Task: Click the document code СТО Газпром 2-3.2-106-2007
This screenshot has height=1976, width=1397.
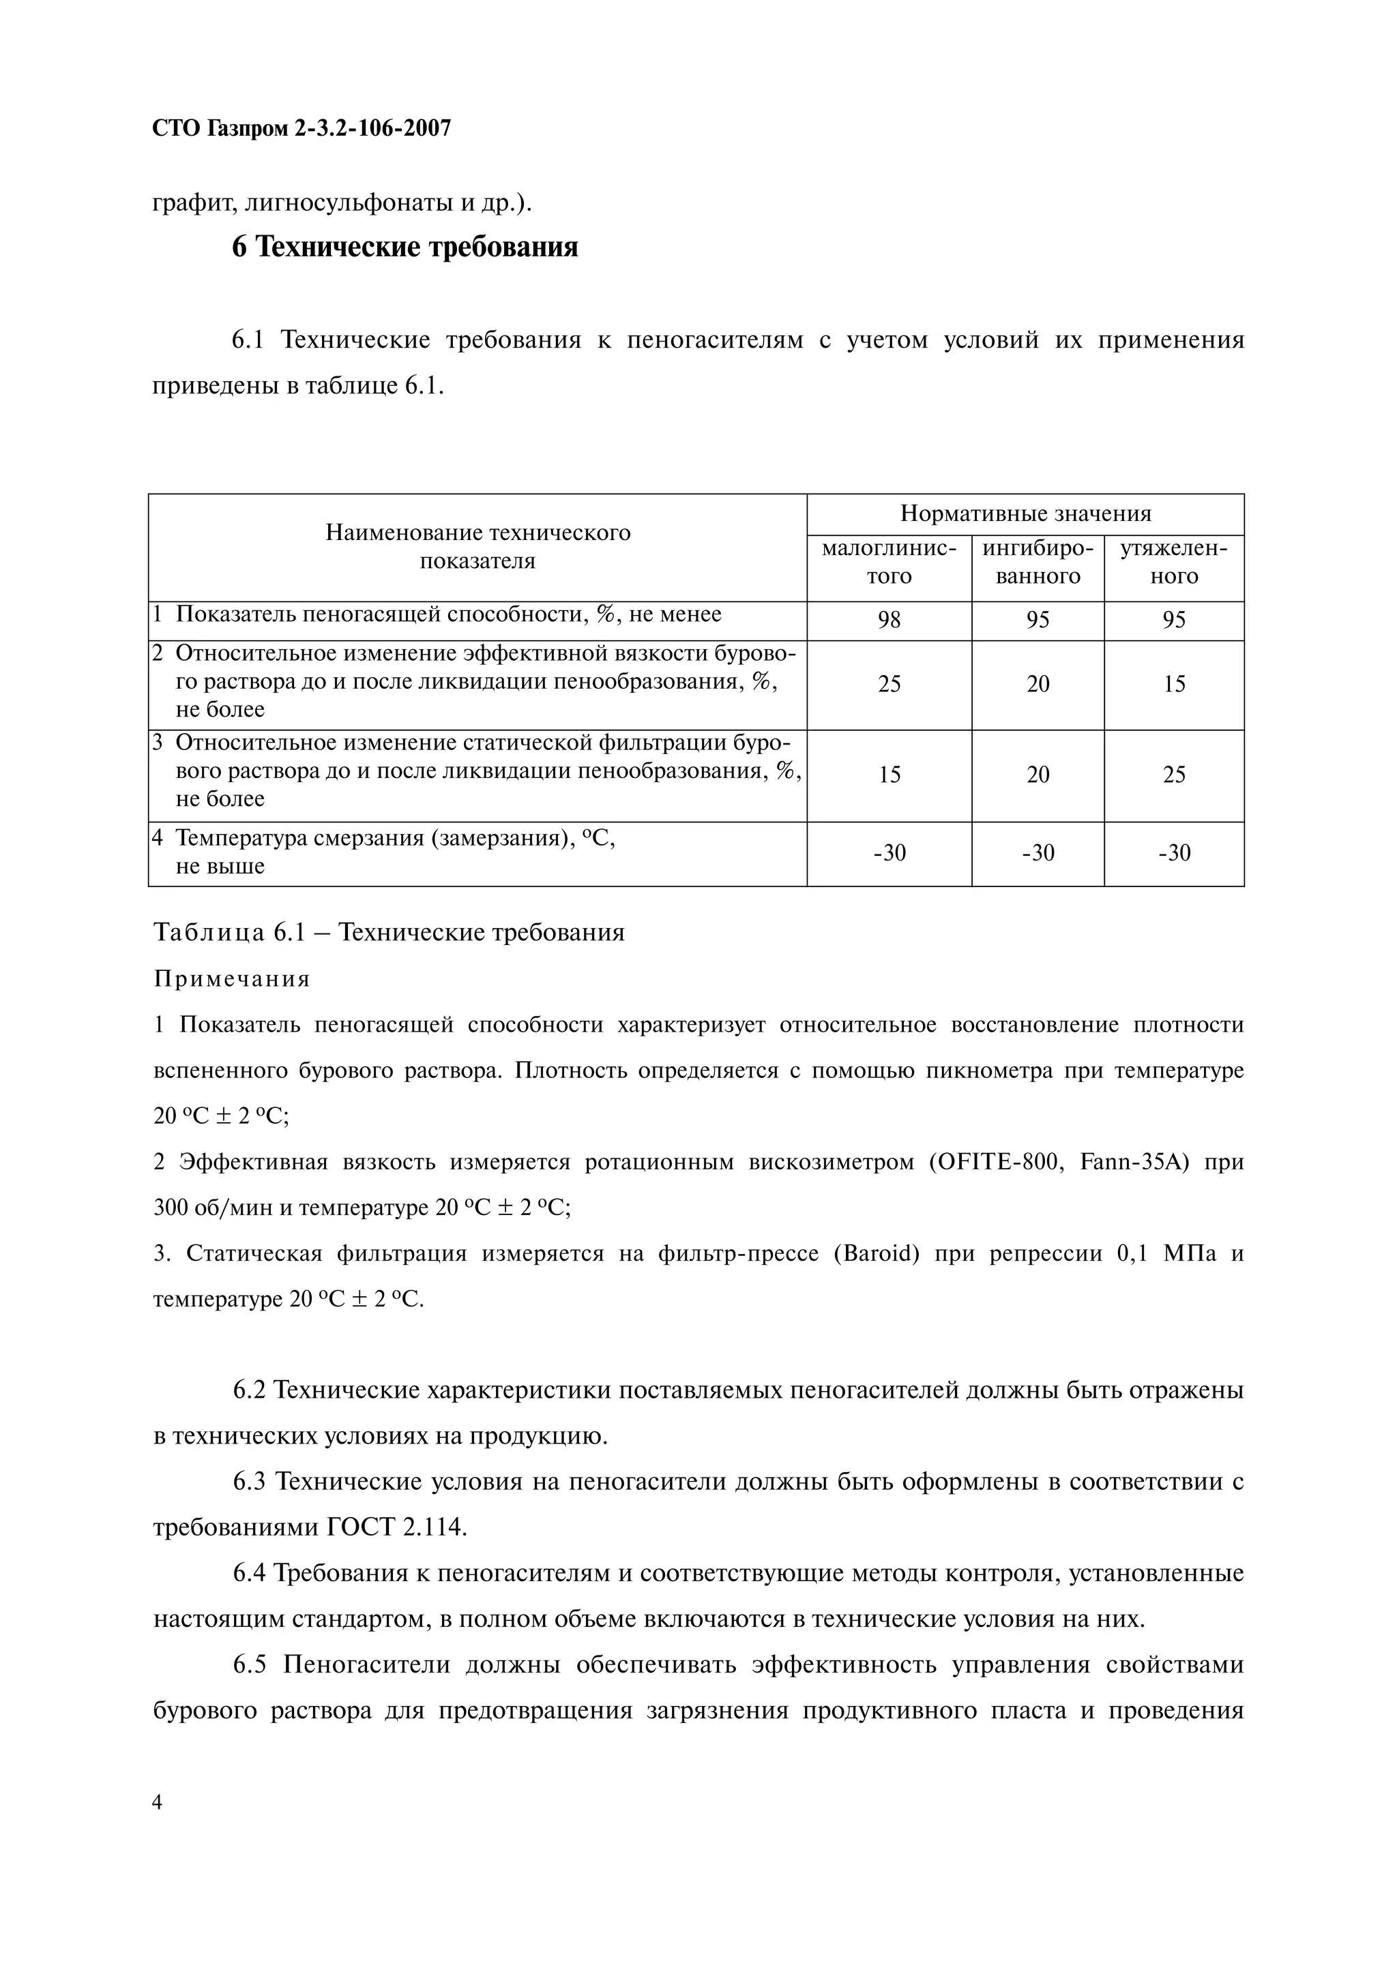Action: tap(302, 129)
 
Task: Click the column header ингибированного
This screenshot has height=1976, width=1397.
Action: tap(1038, 562)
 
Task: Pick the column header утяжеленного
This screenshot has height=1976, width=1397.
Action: tap(1173, 562)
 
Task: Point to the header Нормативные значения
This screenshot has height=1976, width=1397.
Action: tap(1025, 514)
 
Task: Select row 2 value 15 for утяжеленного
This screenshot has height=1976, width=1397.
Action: tap(1173, 684)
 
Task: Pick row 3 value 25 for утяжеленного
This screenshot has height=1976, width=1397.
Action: tap(1173, 775)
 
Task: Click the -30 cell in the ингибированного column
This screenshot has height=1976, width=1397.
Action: tap(1038, 853)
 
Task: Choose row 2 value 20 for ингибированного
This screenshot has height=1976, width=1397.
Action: tap(1038, 684)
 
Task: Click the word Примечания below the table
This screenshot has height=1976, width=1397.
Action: tap(231, 978)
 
